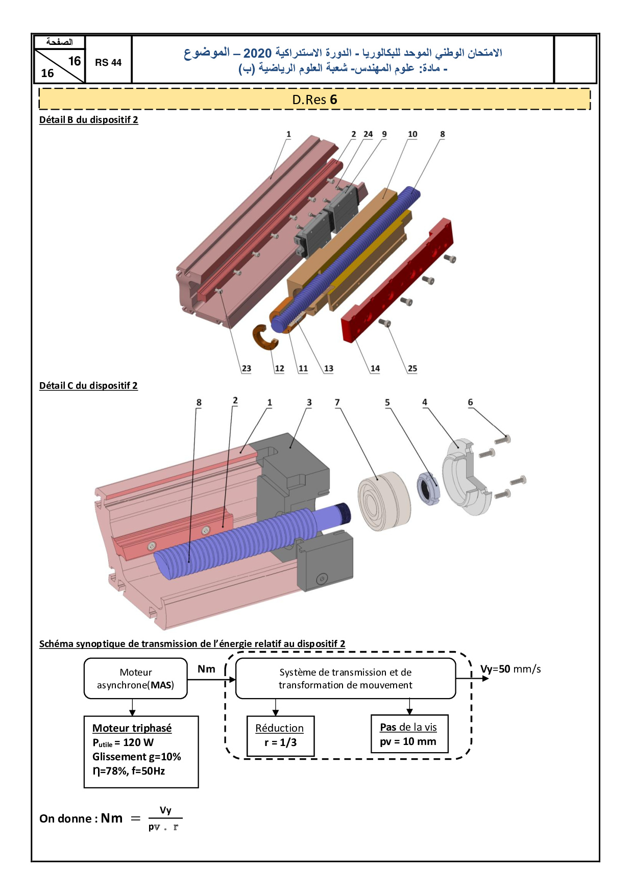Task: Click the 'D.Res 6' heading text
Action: [314, 100]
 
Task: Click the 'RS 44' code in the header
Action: [108, 63]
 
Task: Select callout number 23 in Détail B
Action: [246, 368]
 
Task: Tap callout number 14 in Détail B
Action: [375, 368]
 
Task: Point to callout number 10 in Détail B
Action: [412, 134]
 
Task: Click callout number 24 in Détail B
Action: [368, 134]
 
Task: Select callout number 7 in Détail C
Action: [337, 403]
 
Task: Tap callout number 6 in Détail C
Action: [470, 403]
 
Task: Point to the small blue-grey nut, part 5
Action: [428, 489]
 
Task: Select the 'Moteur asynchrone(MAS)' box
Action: [136, 679]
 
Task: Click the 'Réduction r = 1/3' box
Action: [280, 735]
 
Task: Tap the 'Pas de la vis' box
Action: [409, 734]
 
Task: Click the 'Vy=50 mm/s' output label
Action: [510, 669]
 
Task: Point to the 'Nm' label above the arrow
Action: [206, 669]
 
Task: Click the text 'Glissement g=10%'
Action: [137, 757]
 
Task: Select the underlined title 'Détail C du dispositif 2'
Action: [88, 386]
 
